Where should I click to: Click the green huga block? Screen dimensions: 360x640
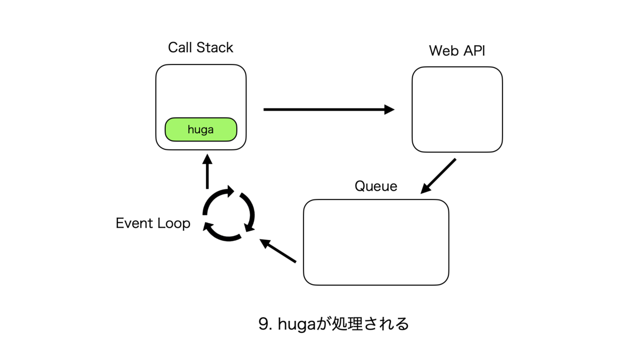click(x=201, y=129)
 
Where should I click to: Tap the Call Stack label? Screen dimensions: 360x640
click(x=201, y=47)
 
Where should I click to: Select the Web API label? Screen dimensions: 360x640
click(x=457, y=51)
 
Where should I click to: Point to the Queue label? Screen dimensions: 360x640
click(x=376, y=186)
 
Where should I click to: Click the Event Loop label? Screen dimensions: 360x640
click(x=153, y=223)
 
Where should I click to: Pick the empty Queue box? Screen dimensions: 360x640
click(x=376, y=242)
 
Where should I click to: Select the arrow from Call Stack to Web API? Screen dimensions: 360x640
click(x=329, y=109)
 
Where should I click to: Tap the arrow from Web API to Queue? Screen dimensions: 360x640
click(x=438, y=176)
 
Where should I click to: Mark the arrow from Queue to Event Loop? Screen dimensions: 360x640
click(x=278, y=251)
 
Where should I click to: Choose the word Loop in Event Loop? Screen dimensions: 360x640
click(x=173, y=223)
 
